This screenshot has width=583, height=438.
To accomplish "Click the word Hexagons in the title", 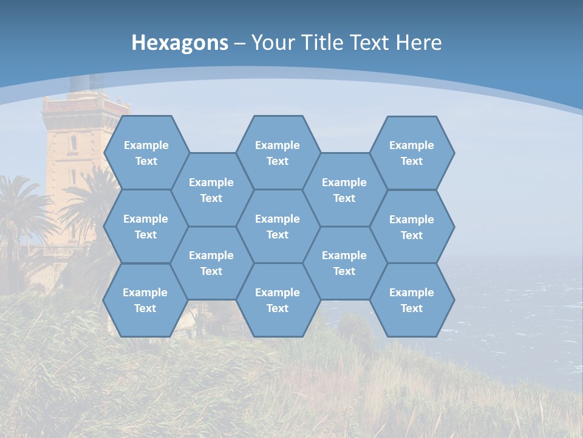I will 180,43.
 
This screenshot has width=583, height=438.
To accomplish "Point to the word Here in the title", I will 418,43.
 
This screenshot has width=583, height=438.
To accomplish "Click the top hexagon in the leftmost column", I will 146,153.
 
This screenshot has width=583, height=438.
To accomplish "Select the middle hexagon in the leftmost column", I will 146,226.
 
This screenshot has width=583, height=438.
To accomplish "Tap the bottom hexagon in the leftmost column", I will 145,300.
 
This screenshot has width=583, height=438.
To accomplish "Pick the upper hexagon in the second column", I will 211,190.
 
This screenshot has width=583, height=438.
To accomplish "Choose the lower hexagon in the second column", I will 211,263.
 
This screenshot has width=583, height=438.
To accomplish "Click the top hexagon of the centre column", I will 278,153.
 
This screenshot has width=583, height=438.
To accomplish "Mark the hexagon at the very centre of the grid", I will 278,226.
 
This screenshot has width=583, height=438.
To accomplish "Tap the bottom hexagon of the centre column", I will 278,300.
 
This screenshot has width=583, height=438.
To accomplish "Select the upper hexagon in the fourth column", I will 344,190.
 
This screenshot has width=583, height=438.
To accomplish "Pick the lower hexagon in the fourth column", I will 344,263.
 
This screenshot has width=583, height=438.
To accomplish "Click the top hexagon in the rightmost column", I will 412,153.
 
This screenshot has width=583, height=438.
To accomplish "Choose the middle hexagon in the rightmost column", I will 412,227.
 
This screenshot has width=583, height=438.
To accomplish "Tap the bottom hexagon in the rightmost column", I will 412,300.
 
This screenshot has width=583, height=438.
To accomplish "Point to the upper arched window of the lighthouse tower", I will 73,143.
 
